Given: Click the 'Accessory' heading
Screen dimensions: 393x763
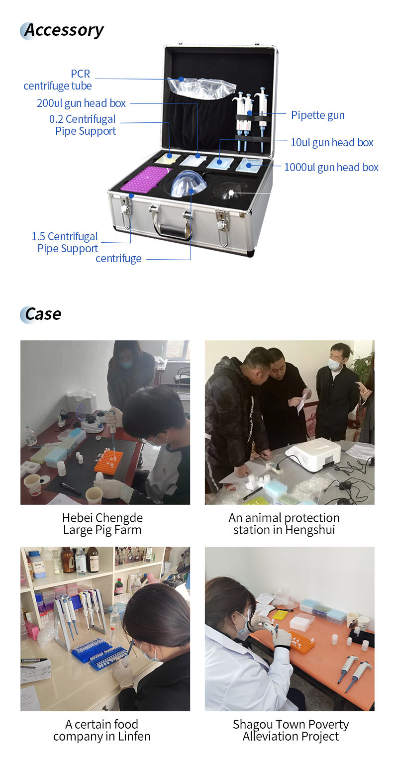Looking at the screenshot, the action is (x=64, y=31).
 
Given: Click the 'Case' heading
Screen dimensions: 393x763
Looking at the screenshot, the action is (x=43, y=314).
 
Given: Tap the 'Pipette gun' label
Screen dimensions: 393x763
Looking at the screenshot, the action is (x=318, y=115).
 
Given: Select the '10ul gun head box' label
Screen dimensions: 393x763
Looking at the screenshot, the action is (x=332, y=142).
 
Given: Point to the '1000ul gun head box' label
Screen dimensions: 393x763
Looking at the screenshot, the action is (x=331, y=167).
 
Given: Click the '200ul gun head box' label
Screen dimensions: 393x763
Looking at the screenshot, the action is (x=82, y=103).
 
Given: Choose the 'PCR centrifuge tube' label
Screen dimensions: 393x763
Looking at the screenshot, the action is (x=58, y=80).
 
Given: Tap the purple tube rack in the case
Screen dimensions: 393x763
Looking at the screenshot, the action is (x=146, y=179).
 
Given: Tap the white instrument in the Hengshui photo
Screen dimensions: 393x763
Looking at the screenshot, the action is (x=313, y=454).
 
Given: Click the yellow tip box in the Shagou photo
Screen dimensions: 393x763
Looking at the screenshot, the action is (x=280, y=614).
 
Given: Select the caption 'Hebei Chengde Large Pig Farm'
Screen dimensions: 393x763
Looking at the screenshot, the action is (x=102, y=524).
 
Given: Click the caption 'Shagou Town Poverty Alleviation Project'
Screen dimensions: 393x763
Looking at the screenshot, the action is (x=291, y=730).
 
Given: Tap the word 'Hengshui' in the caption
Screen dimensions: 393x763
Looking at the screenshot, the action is (x=310, y=530).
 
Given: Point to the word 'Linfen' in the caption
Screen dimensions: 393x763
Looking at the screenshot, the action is (x=134, y=737).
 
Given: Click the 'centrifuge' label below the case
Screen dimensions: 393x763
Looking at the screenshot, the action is (x=118, y=259).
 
